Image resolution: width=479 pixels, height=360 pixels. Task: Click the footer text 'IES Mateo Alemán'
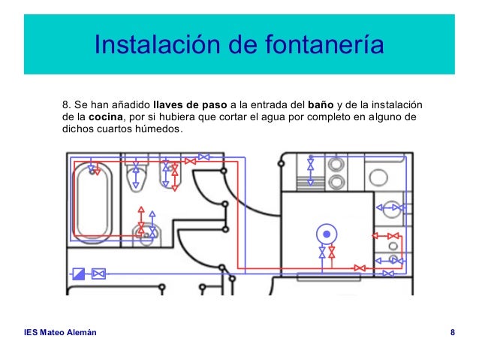[x=60, y=332]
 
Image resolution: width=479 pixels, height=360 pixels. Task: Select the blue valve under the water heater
[x=322, y=253]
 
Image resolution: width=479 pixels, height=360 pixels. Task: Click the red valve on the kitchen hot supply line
[x=360, y=267]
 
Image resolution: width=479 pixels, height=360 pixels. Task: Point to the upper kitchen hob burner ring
[x=336, y=163]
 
